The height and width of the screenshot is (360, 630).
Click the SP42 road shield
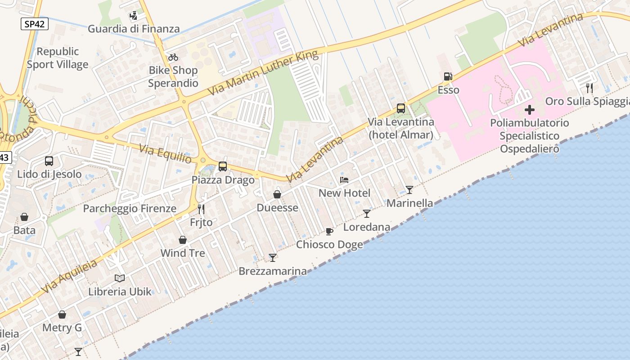(34, 24)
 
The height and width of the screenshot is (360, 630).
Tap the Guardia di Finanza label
(134, 29)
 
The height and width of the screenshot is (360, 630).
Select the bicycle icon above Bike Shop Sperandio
(173, 57)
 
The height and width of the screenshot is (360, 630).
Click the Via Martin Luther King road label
(263, 73)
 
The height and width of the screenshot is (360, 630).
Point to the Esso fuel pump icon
(448, 77)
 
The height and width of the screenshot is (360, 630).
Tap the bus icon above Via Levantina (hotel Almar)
(400, 108)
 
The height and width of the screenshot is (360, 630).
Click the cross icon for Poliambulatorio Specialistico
(530, 109)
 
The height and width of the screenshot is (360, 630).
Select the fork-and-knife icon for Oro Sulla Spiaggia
(589, 88)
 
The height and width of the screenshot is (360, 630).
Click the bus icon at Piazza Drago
(223, 166)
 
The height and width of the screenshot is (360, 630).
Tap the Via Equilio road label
(166, 154)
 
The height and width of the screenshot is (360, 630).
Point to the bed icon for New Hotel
(344, 180)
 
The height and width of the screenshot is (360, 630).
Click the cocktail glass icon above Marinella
(409, 190)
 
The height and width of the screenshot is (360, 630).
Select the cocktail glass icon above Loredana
(367, 214)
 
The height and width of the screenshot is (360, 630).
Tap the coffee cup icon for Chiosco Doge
(329, 231)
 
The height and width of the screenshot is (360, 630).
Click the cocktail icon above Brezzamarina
(272, 258)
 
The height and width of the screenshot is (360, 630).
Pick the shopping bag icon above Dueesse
(277, 194)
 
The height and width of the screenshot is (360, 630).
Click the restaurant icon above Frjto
(201, 209)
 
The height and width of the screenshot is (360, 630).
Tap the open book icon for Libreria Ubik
(120, 278)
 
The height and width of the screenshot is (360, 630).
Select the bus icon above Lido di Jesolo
(49, 161)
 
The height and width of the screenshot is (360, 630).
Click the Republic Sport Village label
(58, 58)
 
